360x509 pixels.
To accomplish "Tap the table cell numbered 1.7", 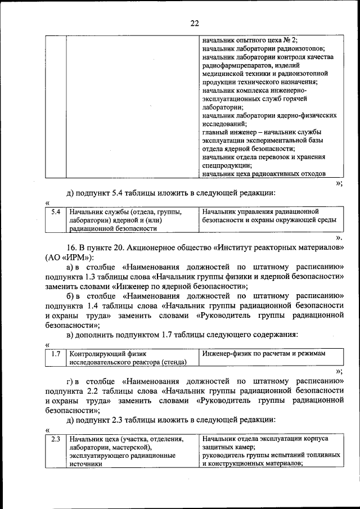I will coord(55,354).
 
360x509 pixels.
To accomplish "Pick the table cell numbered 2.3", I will coord(55,438).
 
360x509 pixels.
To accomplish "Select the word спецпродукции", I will coord(226,166).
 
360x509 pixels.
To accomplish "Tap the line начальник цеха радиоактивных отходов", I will coord(263,174).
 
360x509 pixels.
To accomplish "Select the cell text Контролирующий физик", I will coord(107,354).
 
